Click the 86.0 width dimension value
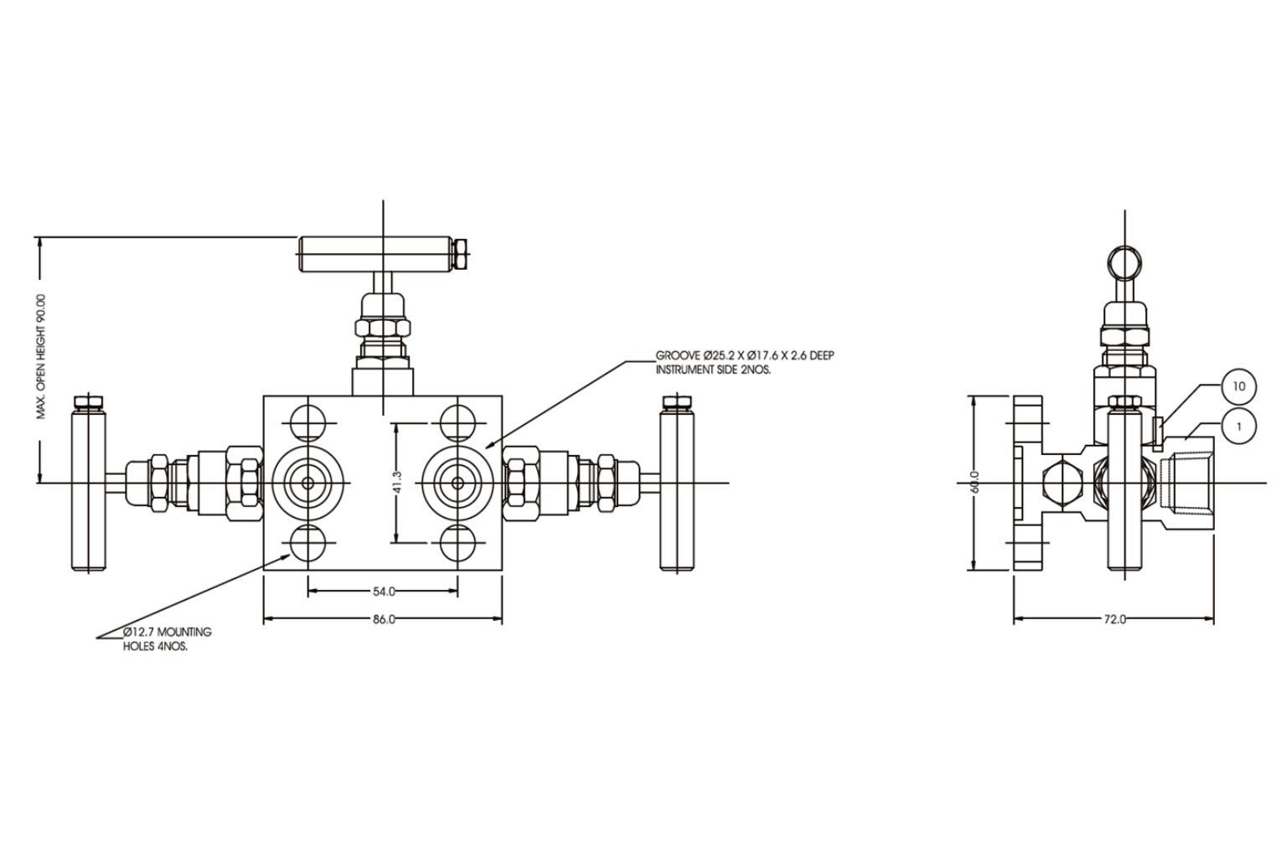tap(383, 619)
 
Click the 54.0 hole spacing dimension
tap(383, 592)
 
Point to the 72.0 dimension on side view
tap(1114, 619)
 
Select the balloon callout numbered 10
tap(1239, 386)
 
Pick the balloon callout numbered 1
tap(1239, 426)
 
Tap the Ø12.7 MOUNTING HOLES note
tap(166, 638)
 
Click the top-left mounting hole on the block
tap(308, 422)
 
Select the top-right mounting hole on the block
tap(458, 422)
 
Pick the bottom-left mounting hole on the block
tap(308, 543)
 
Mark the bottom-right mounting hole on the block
tap(458, 543)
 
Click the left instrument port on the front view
tap(308, 483)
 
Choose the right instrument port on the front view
tap(458, 483)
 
